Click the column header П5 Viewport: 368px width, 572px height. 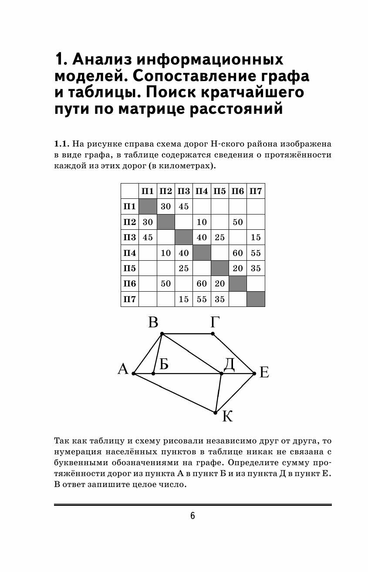coord(220,191)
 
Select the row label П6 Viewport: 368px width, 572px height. coord(129,283)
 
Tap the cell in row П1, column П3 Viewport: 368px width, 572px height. coord(184,206)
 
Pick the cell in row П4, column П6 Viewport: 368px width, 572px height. coord(238,252)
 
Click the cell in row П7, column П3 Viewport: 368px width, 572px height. coord(184,299)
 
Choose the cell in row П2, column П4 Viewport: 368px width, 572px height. coord(202,222)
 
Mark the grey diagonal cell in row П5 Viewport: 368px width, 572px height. coord(220,268)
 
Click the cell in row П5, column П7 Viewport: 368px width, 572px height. coord(256,268)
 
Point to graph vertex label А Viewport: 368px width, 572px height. coord(123,370)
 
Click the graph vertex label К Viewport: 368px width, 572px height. coord(227,417)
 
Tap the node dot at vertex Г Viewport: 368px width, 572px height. coord(213,334)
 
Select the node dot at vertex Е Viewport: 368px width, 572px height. coord(254,373)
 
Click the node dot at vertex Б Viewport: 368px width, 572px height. coord(153,374)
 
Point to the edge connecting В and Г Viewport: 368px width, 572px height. coord(187,334)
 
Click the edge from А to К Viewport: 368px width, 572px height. coord(174,393)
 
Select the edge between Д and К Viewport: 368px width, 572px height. coord(218,392)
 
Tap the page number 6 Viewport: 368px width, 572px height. coord(192,516)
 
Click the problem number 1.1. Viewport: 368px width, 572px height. coord(61,143)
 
